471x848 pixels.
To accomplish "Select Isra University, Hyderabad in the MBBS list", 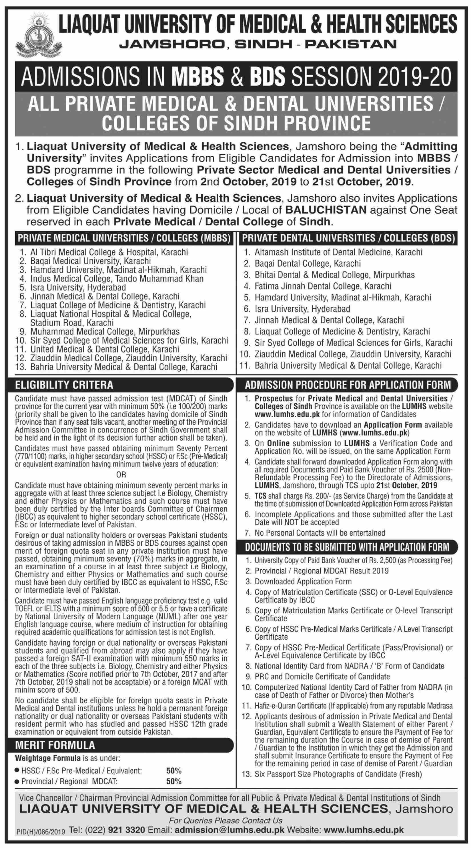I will pos(78,288).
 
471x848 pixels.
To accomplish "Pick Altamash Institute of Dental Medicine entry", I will pos(338,252).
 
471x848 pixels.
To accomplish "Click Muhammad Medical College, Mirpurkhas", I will pos(105,331).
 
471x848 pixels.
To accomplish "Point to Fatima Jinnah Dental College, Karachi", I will pos(323,286).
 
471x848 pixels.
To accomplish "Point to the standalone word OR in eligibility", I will pos(121,475).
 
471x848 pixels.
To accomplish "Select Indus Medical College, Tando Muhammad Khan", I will pos(117,278).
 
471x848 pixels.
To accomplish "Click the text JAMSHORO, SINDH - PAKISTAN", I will pos(258,44).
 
